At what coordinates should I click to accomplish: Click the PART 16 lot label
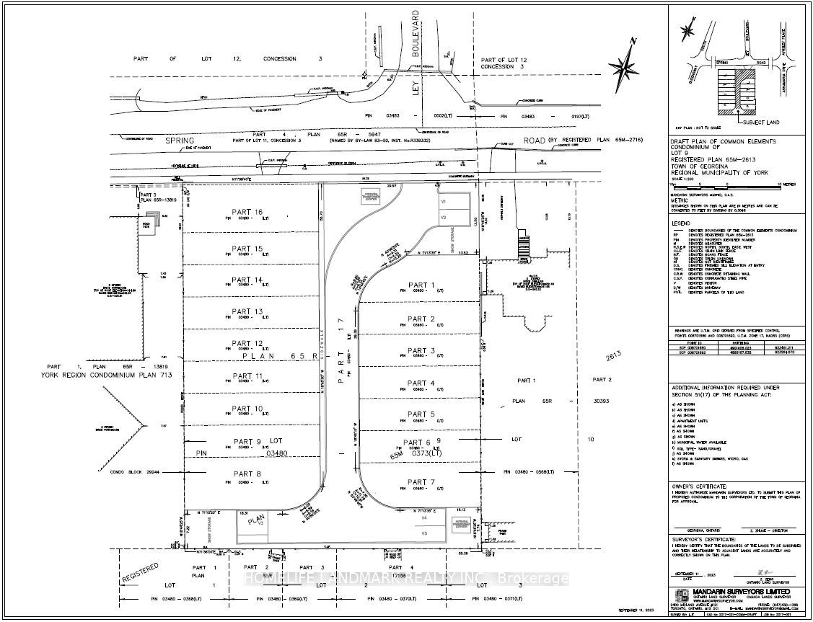point(247,212)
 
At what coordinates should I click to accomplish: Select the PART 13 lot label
point(247,311)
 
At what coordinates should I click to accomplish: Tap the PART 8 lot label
point(247,474)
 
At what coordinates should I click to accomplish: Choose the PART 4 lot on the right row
point(421,383)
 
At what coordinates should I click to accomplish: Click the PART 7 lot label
point(421,482)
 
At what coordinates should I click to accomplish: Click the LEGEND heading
point(682,223)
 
